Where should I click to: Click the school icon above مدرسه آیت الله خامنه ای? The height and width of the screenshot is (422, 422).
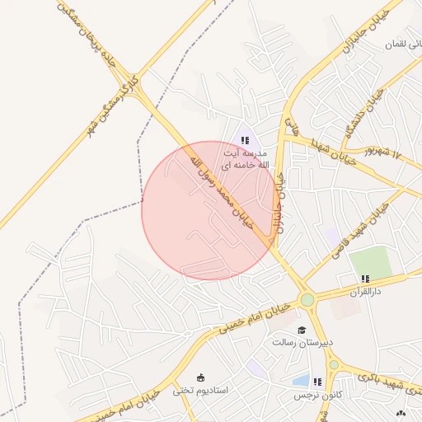[x=245, y=140]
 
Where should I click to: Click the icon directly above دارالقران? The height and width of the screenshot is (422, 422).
[x=363, y=279]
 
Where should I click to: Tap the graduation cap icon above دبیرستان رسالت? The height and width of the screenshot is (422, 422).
[x=300, y=330]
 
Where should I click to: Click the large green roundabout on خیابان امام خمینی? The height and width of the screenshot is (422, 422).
[x=307, y=300]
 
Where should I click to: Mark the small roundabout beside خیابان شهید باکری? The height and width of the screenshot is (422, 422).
[x=334, y=364]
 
